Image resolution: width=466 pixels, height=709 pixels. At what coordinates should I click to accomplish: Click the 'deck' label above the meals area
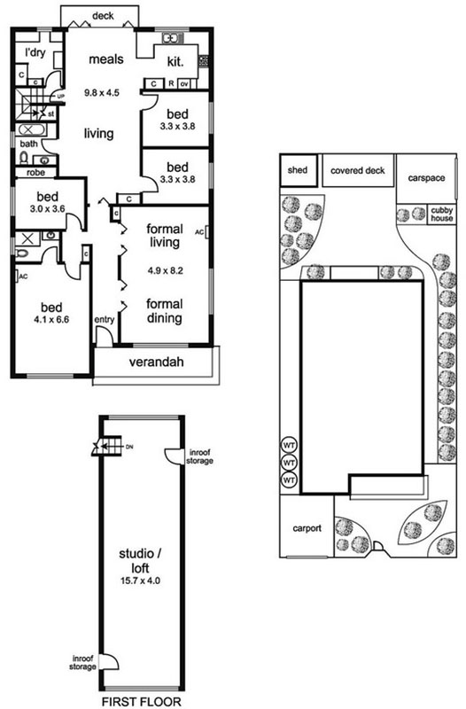pos(103,16)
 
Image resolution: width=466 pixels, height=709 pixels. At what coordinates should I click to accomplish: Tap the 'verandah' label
pos(157,362)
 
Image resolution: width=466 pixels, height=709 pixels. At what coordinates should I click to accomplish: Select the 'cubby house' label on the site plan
pos(441,214)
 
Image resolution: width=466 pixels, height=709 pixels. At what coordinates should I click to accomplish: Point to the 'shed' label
pos(298,170)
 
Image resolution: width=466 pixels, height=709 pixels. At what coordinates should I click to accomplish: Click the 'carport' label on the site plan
pos(307,528)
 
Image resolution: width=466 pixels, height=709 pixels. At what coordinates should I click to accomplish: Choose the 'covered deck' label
pos(358,170)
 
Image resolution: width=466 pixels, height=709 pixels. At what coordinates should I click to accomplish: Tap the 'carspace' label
pos(426,178)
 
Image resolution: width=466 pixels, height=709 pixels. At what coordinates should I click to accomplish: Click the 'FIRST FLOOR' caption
pos(142,702)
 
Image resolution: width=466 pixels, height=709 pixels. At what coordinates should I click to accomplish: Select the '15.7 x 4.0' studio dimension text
pos(140,580)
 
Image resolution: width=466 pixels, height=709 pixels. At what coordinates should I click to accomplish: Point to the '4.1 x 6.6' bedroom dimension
pos(51,320)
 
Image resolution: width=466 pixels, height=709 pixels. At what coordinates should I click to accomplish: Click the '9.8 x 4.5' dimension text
pos(102,93)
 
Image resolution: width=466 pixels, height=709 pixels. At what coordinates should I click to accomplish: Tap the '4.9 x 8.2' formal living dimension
pos(165,271)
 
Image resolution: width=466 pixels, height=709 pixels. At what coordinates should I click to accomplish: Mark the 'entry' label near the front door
pos(105,320)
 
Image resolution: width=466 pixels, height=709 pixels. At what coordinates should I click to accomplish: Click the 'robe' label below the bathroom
pos(35,173)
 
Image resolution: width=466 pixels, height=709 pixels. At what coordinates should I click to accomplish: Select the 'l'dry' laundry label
pos(35,52)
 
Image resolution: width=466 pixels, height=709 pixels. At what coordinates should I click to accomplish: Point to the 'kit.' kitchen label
pos(175,61)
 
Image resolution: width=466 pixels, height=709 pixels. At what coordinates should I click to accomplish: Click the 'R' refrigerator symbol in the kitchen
pos(171,83)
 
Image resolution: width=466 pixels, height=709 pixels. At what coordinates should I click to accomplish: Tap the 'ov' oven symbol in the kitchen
pos(184,84)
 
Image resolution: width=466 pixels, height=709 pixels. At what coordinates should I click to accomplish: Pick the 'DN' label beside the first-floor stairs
pos(129,447)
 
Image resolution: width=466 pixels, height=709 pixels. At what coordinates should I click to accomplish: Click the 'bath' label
pos(29,144)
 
